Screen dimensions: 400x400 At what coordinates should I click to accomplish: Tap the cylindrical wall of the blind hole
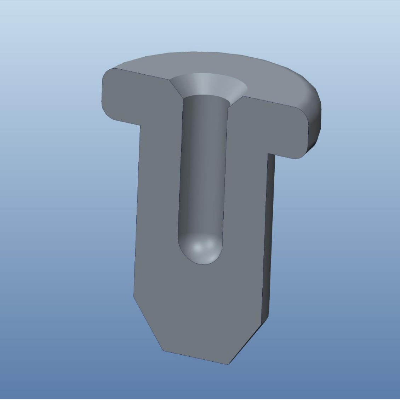click(x=202, y=159)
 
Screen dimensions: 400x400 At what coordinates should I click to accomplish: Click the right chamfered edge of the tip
click(x=244, y=343)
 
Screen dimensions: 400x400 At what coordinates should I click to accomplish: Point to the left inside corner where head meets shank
click(x=140, y=125)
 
